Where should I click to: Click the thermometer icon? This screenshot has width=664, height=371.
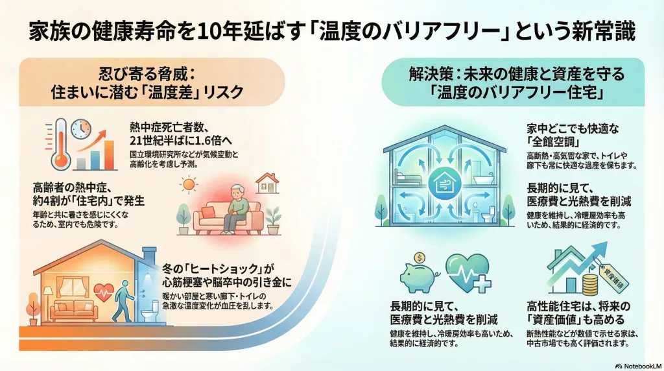pyautogui.click(x=60, y=144)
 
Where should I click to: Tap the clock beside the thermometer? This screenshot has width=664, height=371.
pyautogui.click(x=81, y=129)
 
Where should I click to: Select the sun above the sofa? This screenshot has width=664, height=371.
pyautogui.click(x=189, y=184)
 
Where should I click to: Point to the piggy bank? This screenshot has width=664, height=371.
pyautogui.click(x=418, y=277)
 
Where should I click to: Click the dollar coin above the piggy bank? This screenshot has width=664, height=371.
pyautogui.click(x=420, y=257)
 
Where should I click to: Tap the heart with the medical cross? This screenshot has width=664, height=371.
pyautogui.click(x=468, y=273)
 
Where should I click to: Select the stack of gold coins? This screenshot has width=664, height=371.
pyautogui.click(x=591, y=285)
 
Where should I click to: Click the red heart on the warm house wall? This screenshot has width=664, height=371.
pyautogui.click(x=104, y=293)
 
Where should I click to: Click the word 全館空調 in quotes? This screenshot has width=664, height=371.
pyautogui.click(x=553, y=141)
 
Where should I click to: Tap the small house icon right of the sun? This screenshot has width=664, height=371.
pyautogui.click(x=267, y=183)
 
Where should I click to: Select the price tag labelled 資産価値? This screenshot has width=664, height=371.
pyautogui.click(x=613, y=276)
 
